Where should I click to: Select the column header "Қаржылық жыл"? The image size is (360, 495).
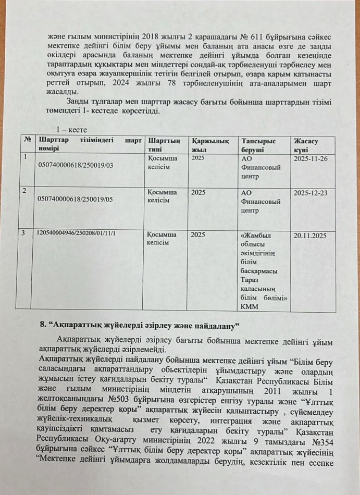pyautogui.click(x=211, y=144)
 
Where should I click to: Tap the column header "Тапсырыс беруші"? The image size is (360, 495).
pyautogui.click(x=257, y=144)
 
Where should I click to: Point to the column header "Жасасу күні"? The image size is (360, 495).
pyautogui.click(x=306, y=144)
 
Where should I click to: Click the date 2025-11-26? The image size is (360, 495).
pyautogui.click(x=311, y=158)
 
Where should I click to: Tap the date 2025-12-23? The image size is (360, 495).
pyautogui.click(x=311, y=192)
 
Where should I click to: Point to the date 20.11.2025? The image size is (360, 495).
pyautogui.click(x=310, y=236)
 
